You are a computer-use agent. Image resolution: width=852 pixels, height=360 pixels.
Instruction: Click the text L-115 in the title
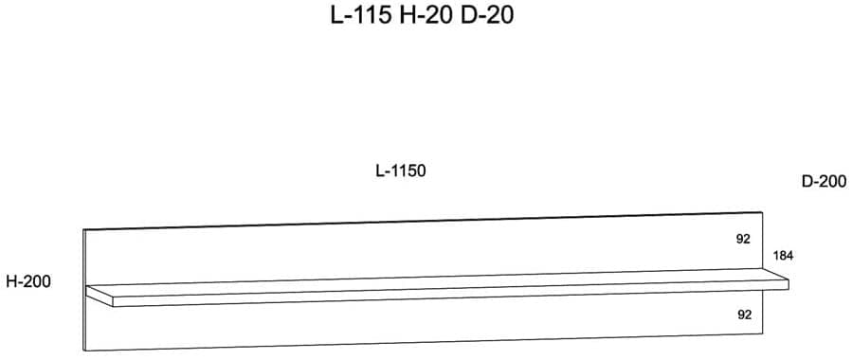pos(361,15)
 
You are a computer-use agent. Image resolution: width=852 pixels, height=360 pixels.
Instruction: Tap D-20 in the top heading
pos(487,15)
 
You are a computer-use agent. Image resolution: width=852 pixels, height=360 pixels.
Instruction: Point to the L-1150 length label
pos(401,171)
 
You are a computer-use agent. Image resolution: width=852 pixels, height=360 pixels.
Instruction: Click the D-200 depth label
pos(824,181)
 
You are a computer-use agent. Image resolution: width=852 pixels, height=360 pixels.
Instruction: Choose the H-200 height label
pos(28,281)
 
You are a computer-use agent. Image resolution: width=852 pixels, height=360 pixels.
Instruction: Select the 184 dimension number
pos(783,257)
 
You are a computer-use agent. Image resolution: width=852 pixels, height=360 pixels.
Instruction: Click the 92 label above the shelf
pos(743,239)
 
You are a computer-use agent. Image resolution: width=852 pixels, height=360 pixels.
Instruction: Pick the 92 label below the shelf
pos(744,314)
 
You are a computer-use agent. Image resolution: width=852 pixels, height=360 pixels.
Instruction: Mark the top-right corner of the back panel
pos(762,211)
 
